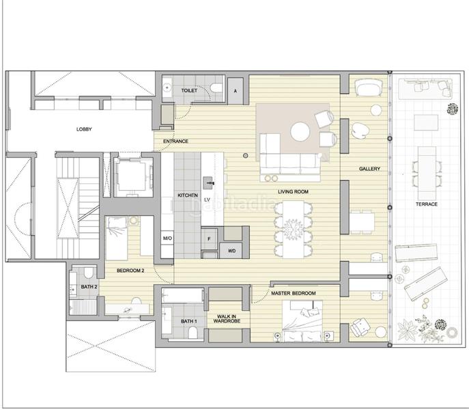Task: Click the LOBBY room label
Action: (x=84, y=129)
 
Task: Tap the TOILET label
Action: (x=189, y=90)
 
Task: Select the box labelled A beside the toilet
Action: (x=236, y=90)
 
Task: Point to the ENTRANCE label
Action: (x=175, y=141)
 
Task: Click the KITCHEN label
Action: (x=187, y=196)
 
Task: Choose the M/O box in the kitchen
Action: (x=167, y=238)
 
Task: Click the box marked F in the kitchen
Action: (x=209, y=238)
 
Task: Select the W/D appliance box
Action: (x=231, y=251)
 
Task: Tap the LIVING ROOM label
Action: (x=294, y=192)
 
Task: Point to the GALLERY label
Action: (x=369, y=169)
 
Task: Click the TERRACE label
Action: (x=427, y=204)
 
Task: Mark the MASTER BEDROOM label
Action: (x=294, y=294)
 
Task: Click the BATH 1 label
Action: (x=189, y=321)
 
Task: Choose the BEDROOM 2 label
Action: (x=130, y=271)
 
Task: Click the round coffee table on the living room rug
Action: (x=300, y=132)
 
